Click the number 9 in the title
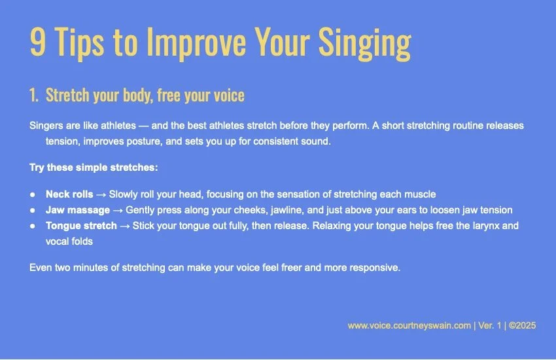[x=38, y=43]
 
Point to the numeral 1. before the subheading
[x=34, y=96]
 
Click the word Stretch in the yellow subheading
[x=67, y=96]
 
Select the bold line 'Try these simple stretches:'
[x=94, y=168]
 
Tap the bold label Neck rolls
[x=69, y=194]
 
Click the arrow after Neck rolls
[x=101, y=194]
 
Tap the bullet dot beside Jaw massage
[x=33, y=210]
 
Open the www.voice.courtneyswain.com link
[x=409, y=325]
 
